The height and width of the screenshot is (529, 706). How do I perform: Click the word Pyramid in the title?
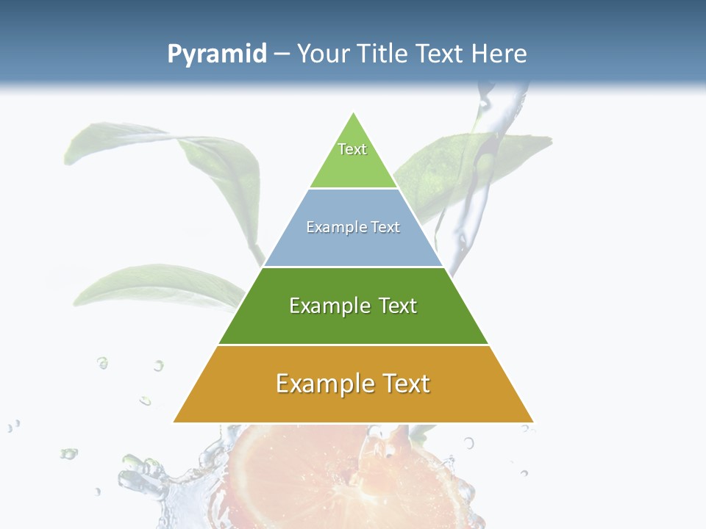pyautogui.click(x=217, y=54)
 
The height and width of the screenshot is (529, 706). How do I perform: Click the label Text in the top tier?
pyautogui.click(x=352, y=149)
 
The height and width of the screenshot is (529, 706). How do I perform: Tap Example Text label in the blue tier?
pyautogui.click(x=353, y=227)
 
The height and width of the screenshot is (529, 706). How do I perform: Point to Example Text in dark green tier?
pyautogui.click(x=353, y=306)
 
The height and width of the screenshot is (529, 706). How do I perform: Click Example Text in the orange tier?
pyautogui.click(x=353, y=384)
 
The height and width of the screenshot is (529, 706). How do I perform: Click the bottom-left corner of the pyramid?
pyautogui.click(x=174, y=422)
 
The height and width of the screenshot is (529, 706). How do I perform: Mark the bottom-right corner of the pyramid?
pyautogui.click(x=532, y=422)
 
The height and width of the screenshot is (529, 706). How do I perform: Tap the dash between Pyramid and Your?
pyautogui.click(x=282, y=54)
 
